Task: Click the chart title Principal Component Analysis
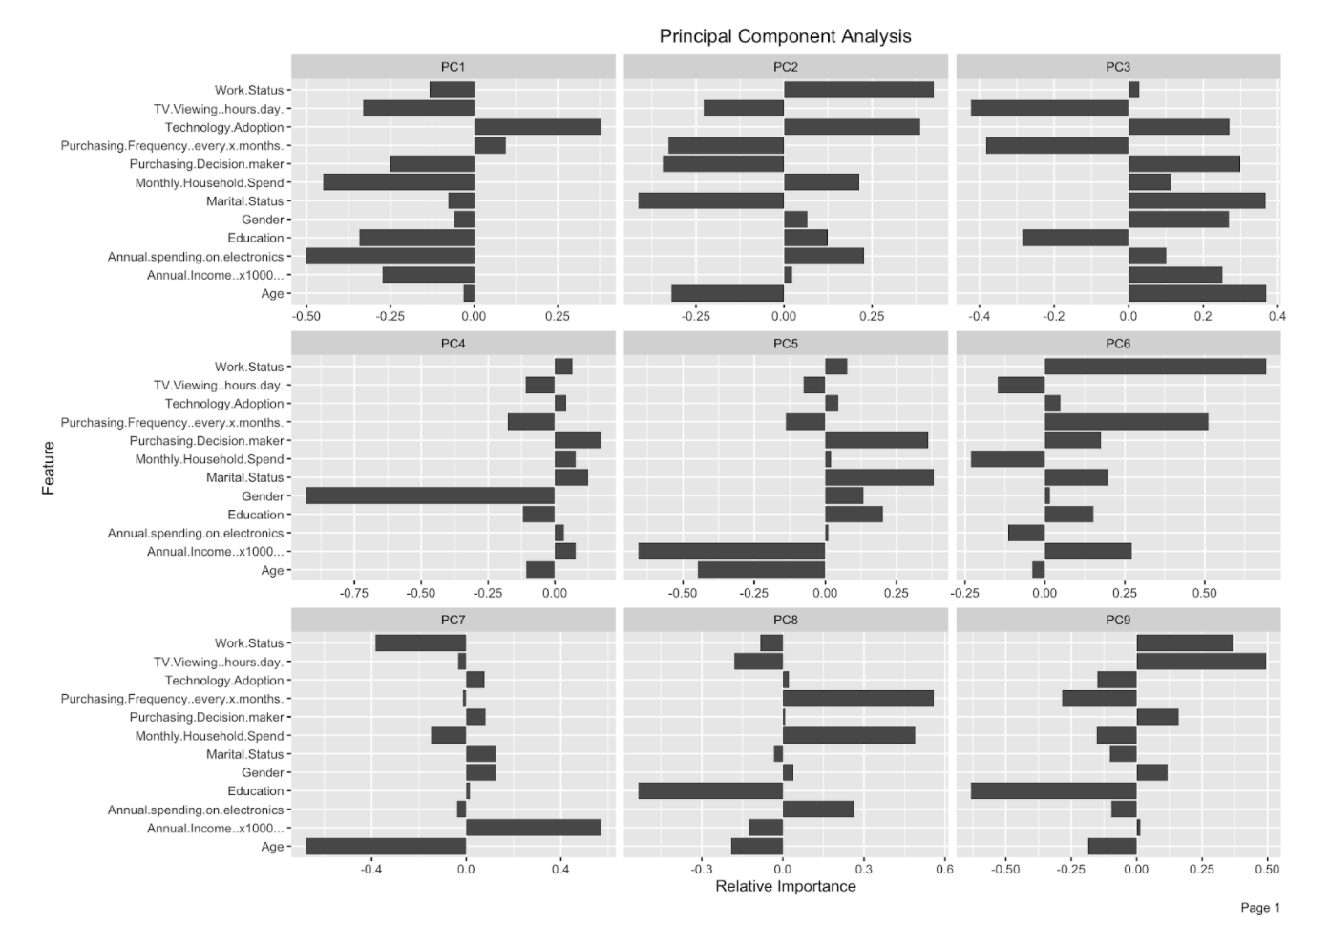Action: point(785,36)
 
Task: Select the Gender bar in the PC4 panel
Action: point(430,495)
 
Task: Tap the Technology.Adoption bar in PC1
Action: point(538,127)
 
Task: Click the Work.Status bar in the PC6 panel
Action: point(1155,367)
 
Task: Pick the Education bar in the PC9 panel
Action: point(1053,790)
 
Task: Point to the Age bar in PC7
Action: point(386,847)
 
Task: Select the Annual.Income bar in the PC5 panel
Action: point(731,551)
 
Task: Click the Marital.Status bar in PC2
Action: point(711,200)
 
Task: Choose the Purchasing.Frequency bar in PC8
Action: point(858,699)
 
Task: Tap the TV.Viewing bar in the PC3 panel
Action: point(1049,109)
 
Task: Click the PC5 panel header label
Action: point(785,344)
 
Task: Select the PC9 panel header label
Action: point(1118,621)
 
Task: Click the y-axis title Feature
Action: point(48,468)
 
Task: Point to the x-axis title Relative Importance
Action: point(785,886)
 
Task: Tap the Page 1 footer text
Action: point(1259,908)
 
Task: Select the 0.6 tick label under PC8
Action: point(943,870)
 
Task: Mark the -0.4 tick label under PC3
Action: point(978,316)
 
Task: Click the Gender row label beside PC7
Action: point(263,772)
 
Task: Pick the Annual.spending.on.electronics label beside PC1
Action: point(196,257)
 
